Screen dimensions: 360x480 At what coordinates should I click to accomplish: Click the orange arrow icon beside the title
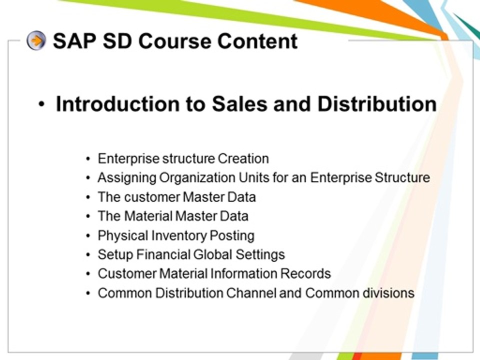click(36, 40)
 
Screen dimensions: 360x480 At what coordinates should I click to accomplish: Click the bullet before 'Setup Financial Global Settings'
click(88, 255)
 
